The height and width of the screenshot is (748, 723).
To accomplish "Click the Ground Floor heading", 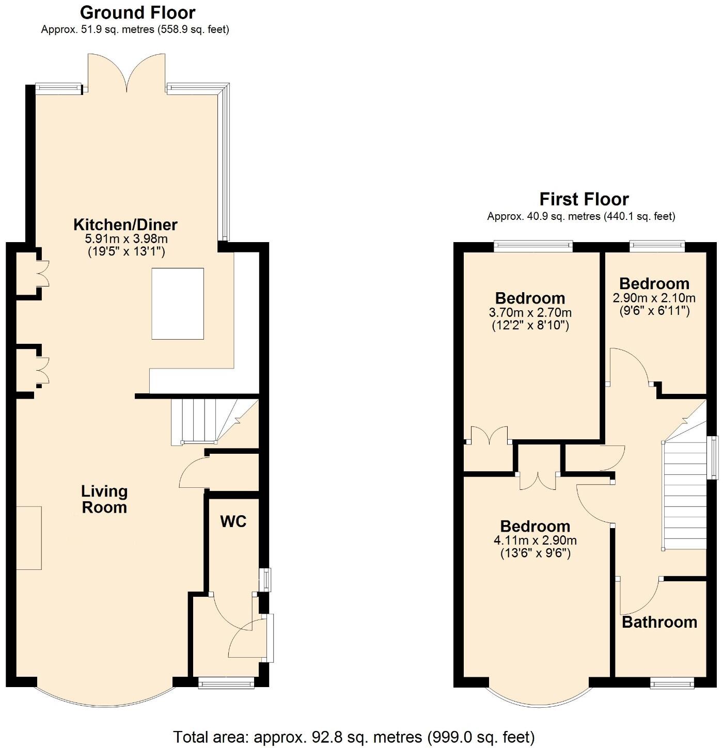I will coord(137,12).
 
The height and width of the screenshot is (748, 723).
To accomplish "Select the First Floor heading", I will coord(584,199).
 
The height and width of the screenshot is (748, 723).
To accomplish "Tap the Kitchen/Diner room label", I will coord(125,225).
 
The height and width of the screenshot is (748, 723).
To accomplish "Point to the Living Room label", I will coord(104,499).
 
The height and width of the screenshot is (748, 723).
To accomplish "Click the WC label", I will coord(233,521).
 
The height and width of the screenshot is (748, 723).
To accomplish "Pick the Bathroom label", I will coord(659,622).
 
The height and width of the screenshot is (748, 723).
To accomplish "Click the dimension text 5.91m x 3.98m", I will coord(126,239).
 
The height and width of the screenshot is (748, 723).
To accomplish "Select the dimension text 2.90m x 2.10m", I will coord(654,298).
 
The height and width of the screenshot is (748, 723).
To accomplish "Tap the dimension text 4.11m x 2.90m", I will coord(535,540).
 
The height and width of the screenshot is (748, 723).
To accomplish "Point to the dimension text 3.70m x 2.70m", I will coord(530,312).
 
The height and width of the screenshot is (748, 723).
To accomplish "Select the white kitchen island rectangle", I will coord(178,304).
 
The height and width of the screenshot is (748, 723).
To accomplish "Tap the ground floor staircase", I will coord(207,421).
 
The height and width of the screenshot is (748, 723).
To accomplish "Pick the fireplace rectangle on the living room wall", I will coord(29,538).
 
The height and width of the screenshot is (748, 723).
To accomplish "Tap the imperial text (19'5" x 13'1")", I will coord(126,252).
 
